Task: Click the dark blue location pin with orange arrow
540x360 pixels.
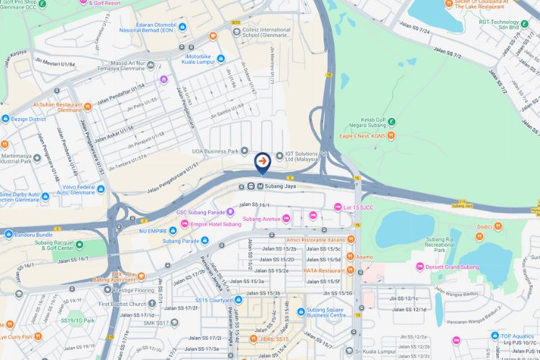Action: pyautogui.click(x=262, y=161)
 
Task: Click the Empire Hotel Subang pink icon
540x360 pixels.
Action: pyautogui.click(x=185, y=224)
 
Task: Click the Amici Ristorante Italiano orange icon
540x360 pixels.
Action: pyautogui.click(x=351, y=239)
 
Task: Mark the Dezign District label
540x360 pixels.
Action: pyautogui.click(x=28, y=119)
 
